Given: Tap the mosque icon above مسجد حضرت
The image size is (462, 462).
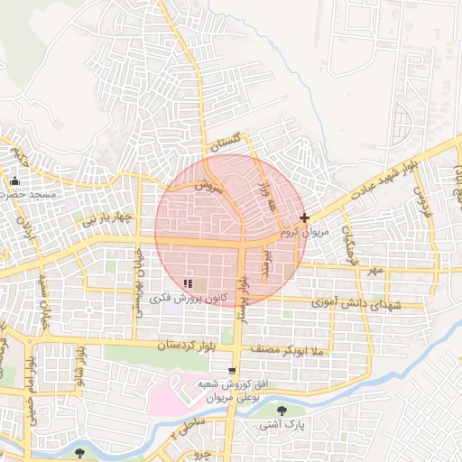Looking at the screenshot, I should [15, 181].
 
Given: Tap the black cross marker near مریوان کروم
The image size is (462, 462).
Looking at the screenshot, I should [305, 217].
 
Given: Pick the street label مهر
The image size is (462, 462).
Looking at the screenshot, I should [374, 270].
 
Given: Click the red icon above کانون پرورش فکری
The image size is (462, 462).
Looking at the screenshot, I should [187, 283].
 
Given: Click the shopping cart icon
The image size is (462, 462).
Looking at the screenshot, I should [233, 371].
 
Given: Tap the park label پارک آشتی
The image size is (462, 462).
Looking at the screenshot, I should [282, 423].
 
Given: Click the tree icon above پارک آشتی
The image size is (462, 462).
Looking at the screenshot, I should [282, 410].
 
